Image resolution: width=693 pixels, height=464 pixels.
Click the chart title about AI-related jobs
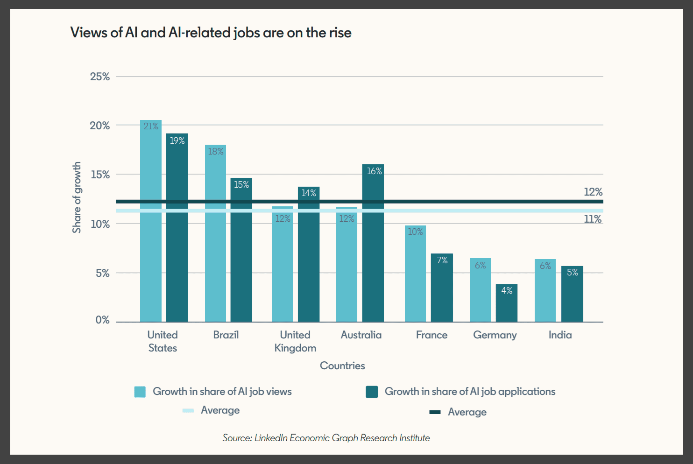tap(211, 33)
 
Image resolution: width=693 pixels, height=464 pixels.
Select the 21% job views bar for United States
tap(151, 221)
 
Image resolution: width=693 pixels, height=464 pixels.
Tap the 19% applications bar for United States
tap(177, 228)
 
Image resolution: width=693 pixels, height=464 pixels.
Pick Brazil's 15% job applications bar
tap(241, 250)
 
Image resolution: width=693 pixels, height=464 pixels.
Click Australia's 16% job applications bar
tap(373, 243)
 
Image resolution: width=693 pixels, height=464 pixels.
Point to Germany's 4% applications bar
tap(507, 303)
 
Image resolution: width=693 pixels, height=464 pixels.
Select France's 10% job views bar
tap(415, 274)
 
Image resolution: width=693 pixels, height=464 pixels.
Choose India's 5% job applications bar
tap(572, 294)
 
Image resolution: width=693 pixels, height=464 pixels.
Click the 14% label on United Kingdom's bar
tap(309, 193)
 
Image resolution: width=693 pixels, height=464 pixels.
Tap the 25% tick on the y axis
tap(99, 77)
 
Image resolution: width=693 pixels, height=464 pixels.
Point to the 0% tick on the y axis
tap(102, 320)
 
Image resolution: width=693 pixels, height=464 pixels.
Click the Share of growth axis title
tap(77, 197)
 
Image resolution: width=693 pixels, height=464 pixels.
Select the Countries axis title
tap(342, 366)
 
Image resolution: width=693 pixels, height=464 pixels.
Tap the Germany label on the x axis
tap(495, 335)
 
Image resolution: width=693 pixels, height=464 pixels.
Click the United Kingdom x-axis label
tap(295, 342)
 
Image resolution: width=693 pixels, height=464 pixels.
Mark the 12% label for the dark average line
tap(593, 192)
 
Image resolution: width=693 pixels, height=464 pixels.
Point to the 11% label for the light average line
tap(593, 219)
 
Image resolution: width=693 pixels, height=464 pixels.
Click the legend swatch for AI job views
tap(140, 392)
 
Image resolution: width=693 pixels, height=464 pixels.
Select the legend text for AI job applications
tap(470, 392)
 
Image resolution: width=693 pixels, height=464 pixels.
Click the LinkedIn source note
tap(326, 438)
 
